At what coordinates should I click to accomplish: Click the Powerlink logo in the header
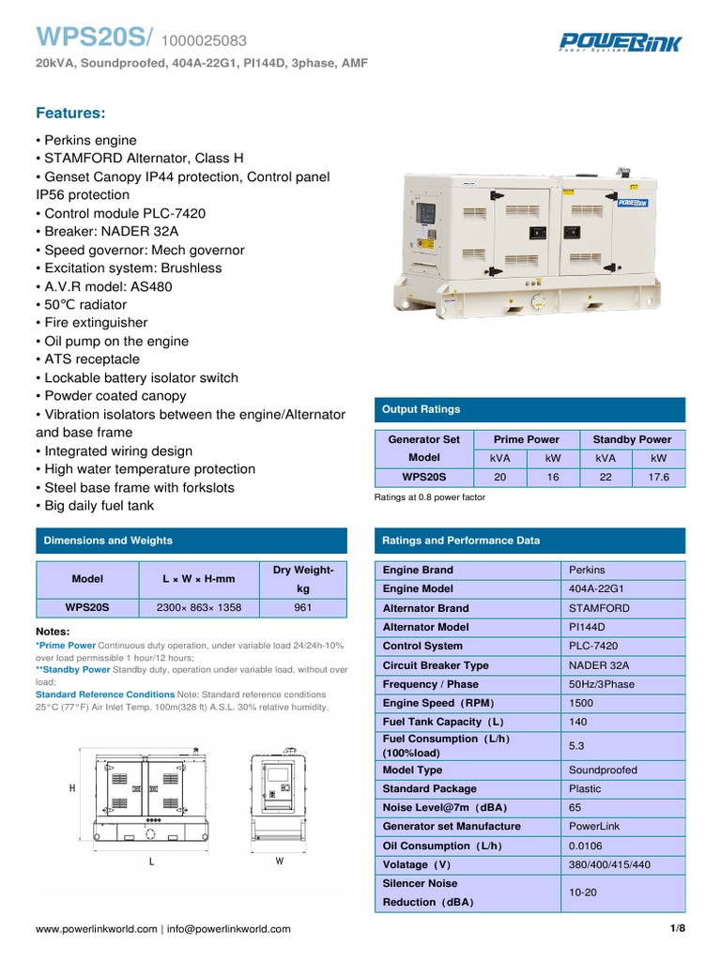pos(621,42)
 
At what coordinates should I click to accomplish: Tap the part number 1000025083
pos(205,40)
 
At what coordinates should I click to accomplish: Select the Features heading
pos(70,113)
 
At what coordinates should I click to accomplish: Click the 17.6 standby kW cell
pos(659,477)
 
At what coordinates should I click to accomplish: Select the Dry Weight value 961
pos(303,607)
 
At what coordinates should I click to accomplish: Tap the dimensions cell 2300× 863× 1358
pos(199,607)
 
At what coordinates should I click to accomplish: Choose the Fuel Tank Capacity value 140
pos(578,722)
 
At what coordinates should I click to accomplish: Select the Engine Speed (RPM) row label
pos(438,703)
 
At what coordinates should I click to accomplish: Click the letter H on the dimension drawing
pos(72,789)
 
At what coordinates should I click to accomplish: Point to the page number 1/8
pos(677,929)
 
